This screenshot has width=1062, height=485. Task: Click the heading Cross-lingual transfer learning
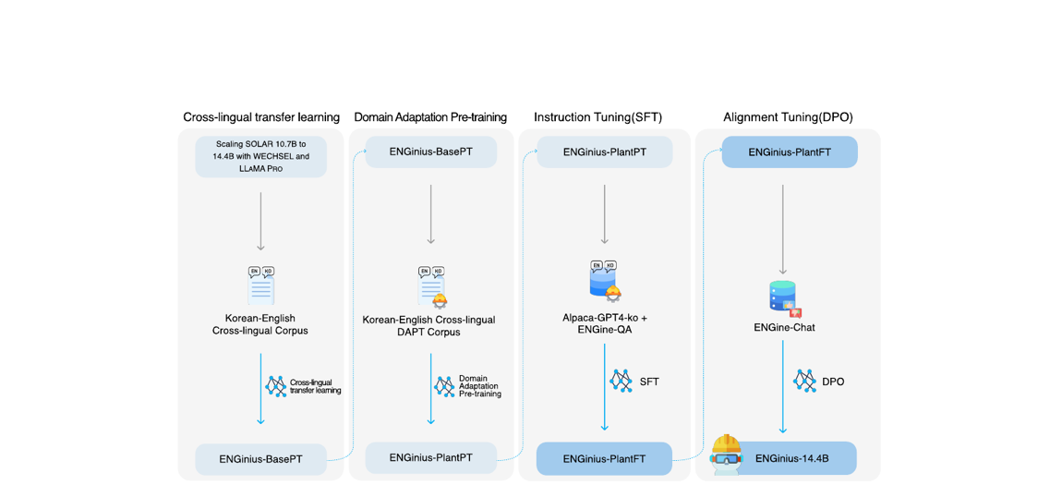pyautogui.click(x=261, y=117)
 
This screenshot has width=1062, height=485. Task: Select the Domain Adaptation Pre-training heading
pyautogui.click(x=430, y=117)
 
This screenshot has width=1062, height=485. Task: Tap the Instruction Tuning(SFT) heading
pyautogui.click(x=597, y=117)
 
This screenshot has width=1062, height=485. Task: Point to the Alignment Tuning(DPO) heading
pyautogui.click(x=788, y=117)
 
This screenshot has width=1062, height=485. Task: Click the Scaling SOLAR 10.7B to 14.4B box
pyautogui.click(x=261, y=156)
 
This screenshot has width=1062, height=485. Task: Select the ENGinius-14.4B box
pyautogui.click(x=791, y=458)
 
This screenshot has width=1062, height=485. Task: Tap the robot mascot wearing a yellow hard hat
pyautogui.click(x=727, y=453)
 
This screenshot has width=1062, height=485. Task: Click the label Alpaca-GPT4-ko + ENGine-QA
pyautogui.click(x=605, y=323)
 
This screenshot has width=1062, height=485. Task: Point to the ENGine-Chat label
pyautogui.click(x=784, y=327)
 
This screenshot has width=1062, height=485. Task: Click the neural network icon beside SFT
pyautogui.click(x=621, y=381)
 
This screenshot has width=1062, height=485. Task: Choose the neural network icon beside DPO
pyautogui.click(x=804, y=381)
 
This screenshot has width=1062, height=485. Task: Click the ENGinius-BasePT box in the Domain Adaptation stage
pyautogui.click(x=430, y=152)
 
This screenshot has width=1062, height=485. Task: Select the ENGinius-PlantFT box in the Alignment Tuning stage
pyautogui.click(x=789, y=152)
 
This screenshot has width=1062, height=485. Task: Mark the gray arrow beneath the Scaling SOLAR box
pyautogui.click(x=260, y=221)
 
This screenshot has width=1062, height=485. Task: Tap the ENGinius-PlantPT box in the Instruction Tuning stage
pyautogui.click(x=605, y=152)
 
